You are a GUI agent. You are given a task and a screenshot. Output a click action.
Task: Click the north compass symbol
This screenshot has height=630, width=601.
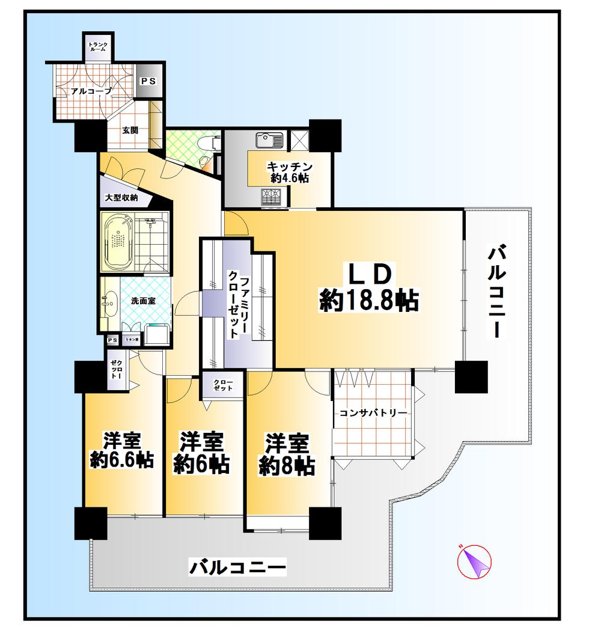475,561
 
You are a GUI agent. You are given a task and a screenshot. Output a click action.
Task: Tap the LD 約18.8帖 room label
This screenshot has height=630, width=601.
368,288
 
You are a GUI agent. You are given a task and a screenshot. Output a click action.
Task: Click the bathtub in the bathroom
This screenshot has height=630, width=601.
118,241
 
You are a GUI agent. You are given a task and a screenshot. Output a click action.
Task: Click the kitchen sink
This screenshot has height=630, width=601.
269,140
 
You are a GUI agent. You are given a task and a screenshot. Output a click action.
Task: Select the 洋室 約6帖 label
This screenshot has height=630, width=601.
201,453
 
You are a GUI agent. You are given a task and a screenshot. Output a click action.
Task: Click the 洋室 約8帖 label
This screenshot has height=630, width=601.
287,454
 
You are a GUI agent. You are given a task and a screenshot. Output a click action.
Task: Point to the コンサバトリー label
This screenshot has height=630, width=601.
373,413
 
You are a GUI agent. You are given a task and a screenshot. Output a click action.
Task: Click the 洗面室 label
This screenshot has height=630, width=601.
143,300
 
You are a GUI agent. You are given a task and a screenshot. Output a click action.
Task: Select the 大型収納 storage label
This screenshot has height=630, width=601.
121,197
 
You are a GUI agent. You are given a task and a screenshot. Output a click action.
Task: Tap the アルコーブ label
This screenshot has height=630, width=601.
90,91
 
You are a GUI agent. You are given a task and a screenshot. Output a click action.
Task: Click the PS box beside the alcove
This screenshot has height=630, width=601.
148,82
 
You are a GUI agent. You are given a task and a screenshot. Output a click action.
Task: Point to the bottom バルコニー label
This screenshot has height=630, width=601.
237,566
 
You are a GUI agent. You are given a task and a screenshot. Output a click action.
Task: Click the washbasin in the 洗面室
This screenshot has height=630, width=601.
110,301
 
